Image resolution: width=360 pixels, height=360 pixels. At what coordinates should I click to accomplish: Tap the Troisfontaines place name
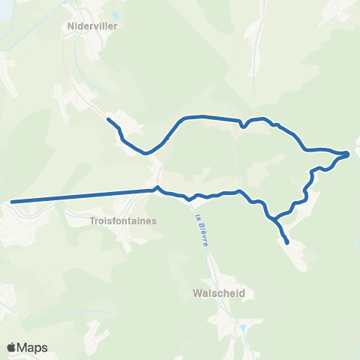pyautogui.click(x=122, y=221)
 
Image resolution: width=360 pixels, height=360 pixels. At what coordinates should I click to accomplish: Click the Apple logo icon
pyautogui.click(x=12, y=347)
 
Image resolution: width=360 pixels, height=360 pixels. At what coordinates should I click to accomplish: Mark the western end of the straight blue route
pyautogui.click(x=13, y=202)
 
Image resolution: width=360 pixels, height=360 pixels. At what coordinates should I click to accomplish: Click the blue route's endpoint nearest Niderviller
pyautogui.click(x=109, y=119)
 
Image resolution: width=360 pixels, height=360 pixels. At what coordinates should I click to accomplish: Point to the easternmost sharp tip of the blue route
pyautogui.click(x=349, y=154)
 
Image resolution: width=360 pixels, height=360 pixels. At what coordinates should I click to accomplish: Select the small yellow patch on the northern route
pyautogui.click(x=212, y=115)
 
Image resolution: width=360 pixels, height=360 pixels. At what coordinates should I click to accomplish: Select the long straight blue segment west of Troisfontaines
pyautogui.click(x=82, y=196)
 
